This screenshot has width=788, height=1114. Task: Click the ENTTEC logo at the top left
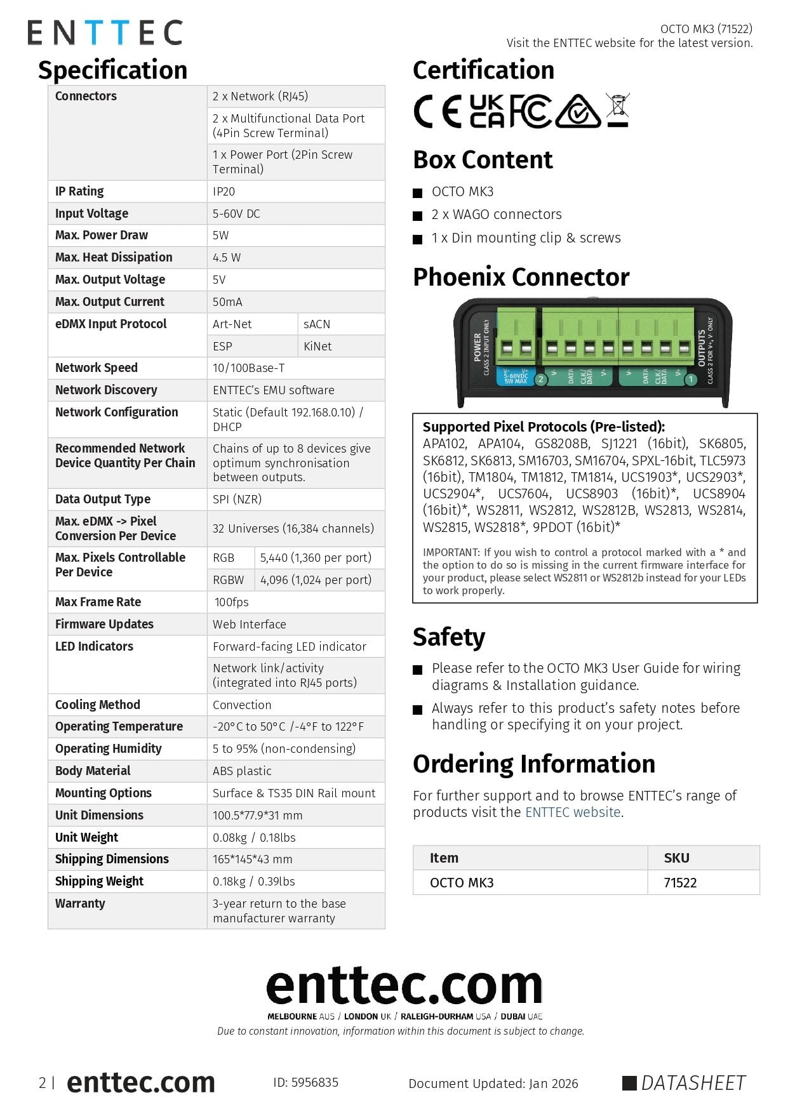click(x=105, y=32)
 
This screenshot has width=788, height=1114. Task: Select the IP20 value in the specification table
click(x=224, y=191)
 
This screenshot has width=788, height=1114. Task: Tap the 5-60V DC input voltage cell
click(x=236, y=213)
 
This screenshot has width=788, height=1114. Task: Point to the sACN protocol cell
click(x=317, y=324)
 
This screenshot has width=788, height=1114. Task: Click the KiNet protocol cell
click(x=317, y=346)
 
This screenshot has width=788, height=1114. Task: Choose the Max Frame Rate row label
click(x=98, y=602)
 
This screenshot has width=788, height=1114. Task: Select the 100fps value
click(x=231, y=602)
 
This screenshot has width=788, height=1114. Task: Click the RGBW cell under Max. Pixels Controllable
click(x=228, y=580)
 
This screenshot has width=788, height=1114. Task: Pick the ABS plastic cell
click(x=242, y=771)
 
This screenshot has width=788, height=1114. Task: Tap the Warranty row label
click(x=80, y=903)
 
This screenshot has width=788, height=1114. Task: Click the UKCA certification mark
click(x=487, y=111)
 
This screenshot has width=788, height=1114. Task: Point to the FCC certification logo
click(x=530, y=111)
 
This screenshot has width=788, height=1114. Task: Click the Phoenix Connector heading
click(x=521, y=277)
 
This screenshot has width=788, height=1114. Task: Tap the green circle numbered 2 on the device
click(x=541, y=380)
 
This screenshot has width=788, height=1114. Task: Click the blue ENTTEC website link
click(x=573, y=812)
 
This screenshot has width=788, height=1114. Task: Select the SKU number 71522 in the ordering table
click(x=680, y=882)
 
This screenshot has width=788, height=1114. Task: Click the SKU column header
click(x=676, y=858)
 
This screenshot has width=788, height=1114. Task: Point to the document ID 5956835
click(x=306, y=1082)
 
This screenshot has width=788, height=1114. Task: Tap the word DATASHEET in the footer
click(x=693, y=1083)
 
